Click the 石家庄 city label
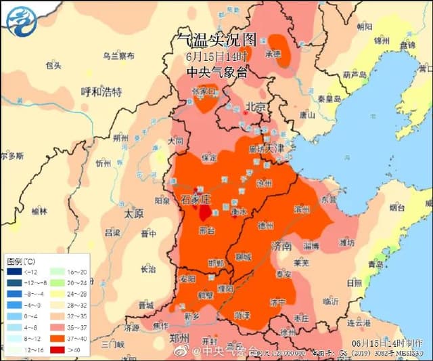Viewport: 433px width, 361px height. tap(197, 200)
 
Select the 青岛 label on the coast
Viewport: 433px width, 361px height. tap(375, 265)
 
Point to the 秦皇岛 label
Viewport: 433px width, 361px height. tap(327, 97)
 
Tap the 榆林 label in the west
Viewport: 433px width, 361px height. tap(39, 211)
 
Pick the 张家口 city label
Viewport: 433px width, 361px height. tap(203, 91)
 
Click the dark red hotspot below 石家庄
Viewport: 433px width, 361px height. tap(205, 213)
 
